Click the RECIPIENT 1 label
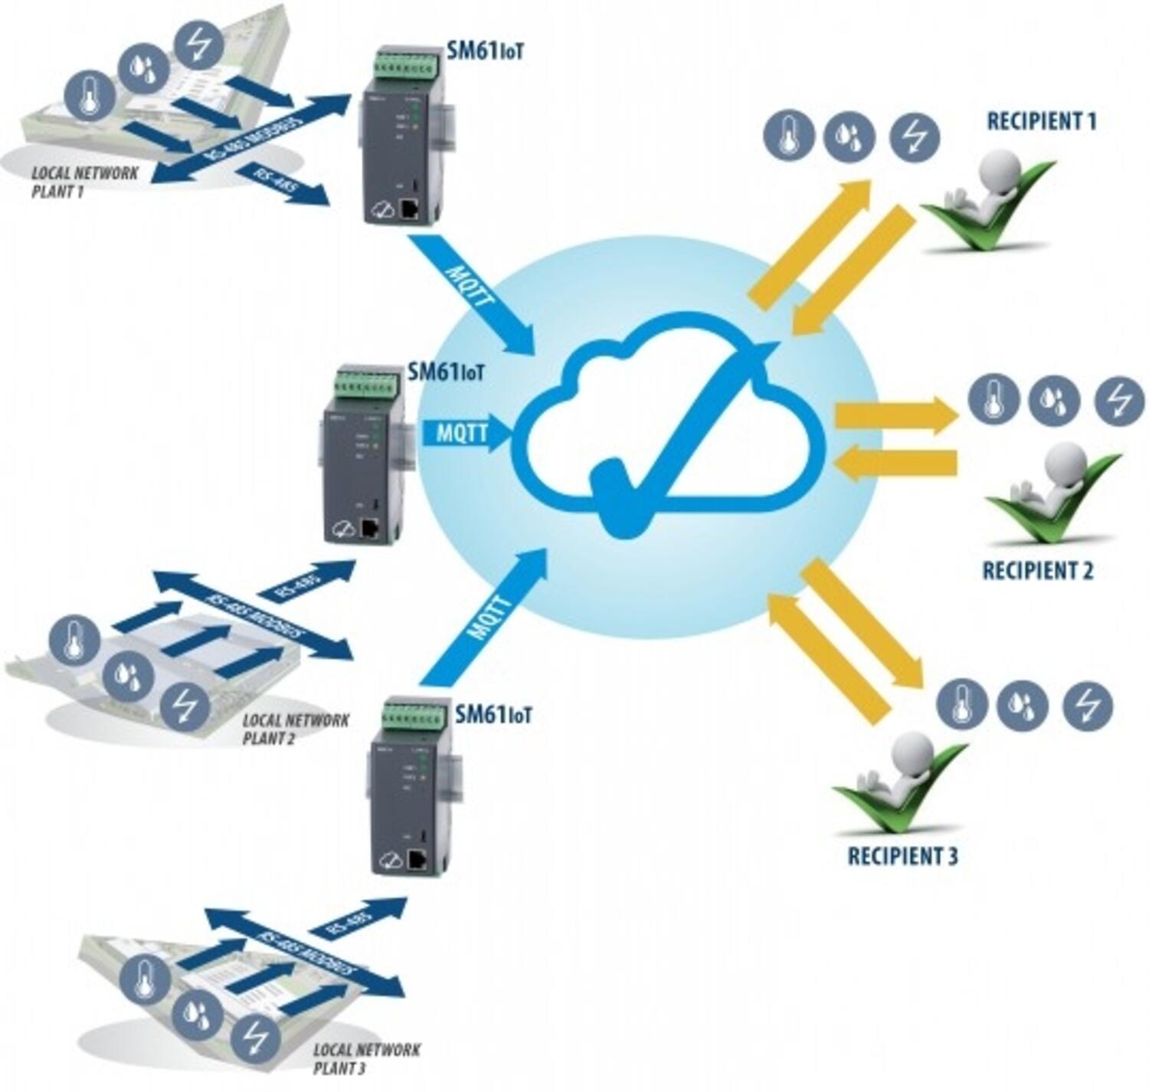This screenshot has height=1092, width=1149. (1041, 121)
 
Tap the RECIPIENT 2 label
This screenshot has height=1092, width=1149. (1037, 571)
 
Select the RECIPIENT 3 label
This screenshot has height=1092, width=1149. (902, 856)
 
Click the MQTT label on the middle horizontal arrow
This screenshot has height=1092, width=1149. (462, 433)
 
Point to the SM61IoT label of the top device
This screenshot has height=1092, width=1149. (485, 52)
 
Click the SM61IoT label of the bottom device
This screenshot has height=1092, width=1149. (493, 715)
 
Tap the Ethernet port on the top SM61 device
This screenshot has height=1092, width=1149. (410, 208)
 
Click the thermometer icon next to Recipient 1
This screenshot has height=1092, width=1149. (788, 136)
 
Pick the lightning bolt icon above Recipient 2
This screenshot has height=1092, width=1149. (1119, 401)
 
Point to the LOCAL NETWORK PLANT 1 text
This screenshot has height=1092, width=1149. (84, 182)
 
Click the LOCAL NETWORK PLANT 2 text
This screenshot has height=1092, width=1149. (295, 729)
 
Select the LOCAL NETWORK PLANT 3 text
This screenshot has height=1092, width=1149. (366, 1058)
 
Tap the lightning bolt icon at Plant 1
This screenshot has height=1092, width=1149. (199, 44)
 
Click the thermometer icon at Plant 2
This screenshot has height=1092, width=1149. (74, 641)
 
